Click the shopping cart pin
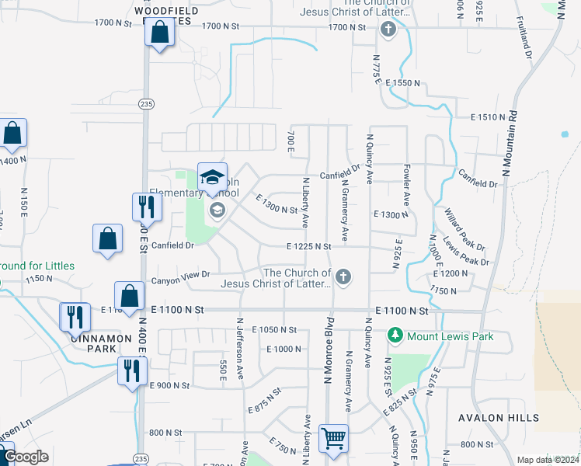point(333,437)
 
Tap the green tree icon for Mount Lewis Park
point(395,336)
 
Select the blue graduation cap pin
point(212,177)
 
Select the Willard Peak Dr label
point(464,225)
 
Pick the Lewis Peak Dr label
point(467,251)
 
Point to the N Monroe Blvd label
point(329,349)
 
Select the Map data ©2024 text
point(548,460)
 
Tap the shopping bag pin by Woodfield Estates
point(160,33)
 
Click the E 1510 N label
point(489,116)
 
